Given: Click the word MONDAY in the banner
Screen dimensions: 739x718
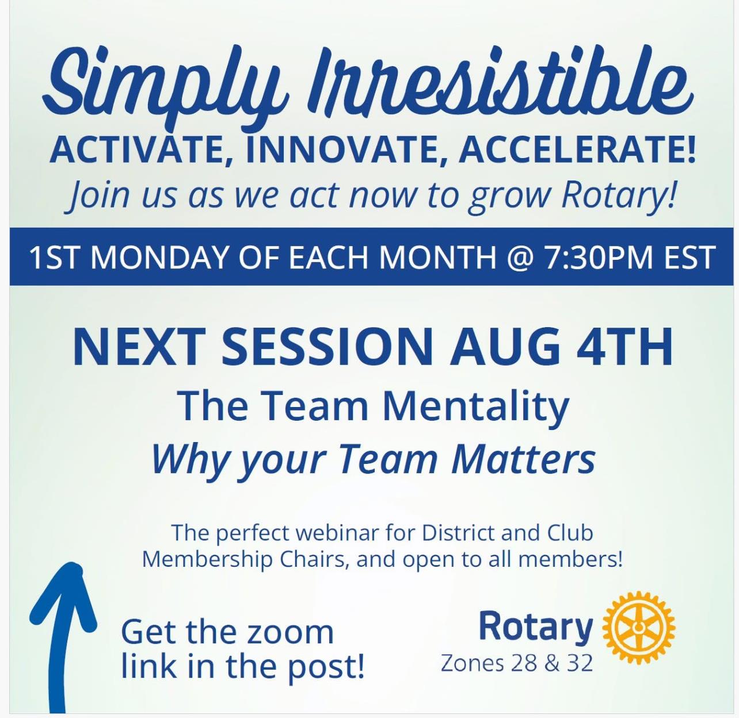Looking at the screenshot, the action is (x=160, y=258).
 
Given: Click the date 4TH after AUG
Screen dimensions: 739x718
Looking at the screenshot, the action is (x=624, y=347).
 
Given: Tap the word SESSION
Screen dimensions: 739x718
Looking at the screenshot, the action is (x=325, y=347).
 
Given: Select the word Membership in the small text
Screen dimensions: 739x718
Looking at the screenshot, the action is (x=207, y=559).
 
